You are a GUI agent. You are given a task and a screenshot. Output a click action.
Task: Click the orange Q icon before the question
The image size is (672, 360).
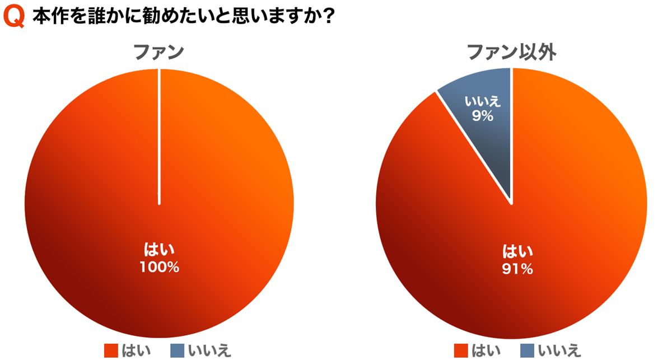click(x=14, y=17)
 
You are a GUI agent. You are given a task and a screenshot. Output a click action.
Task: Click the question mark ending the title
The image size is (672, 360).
click(x=329, y=17)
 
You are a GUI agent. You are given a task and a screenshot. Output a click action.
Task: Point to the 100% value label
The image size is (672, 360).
click(x=159, y=268)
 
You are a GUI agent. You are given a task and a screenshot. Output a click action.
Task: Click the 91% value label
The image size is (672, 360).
click(x=517, y=269)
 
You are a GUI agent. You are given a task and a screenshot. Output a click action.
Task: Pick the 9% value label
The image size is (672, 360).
click(x=482, y=116)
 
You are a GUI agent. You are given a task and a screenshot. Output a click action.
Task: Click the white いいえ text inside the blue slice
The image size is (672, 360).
click(x=482, y=102)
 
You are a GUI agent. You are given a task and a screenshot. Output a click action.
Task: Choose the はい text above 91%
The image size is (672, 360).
click(x=517, y=251)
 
